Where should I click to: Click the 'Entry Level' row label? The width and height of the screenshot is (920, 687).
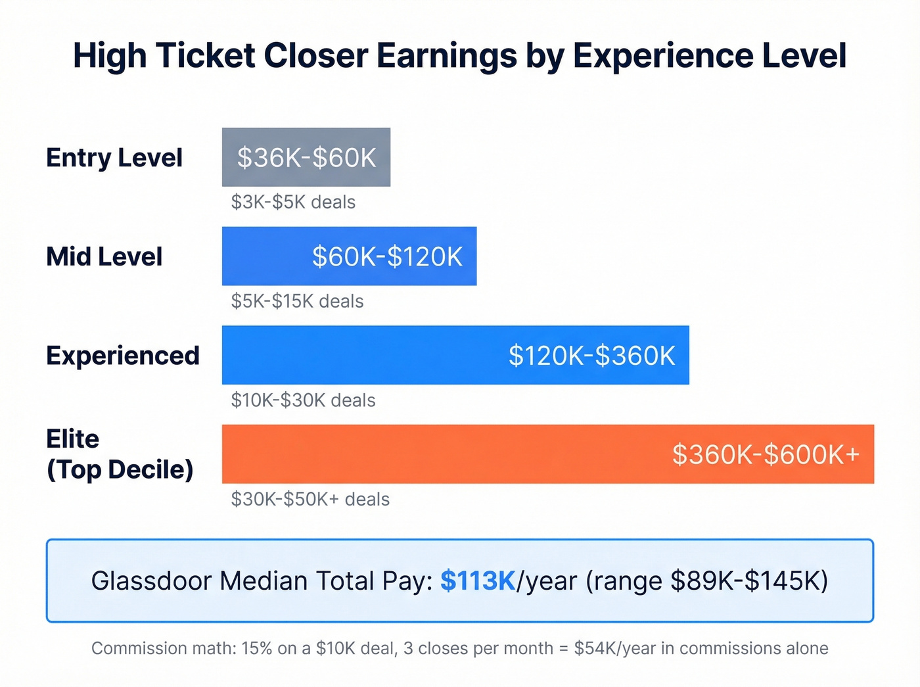114,158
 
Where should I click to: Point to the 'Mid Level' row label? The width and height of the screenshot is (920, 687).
104,256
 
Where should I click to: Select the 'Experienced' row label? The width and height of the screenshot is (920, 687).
122,356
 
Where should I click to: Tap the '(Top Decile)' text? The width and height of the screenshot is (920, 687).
120,469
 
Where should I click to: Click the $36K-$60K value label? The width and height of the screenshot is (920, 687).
306,158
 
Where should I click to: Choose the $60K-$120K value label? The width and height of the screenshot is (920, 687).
387,256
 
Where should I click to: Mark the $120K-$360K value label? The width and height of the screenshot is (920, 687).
591,356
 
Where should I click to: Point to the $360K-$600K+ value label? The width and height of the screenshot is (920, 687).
766,454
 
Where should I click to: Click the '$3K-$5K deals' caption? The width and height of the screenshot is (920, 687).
293,202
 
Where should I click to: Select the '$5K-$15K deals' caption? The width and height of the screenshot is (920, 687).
297,301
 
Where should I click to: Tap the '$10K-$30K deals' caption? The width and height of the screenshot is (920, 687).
303,400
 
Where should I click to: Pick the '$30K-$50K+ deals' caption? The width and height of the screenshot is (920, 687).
310,499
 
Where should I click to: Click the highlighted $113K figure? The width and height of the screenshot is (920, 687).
478,581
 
